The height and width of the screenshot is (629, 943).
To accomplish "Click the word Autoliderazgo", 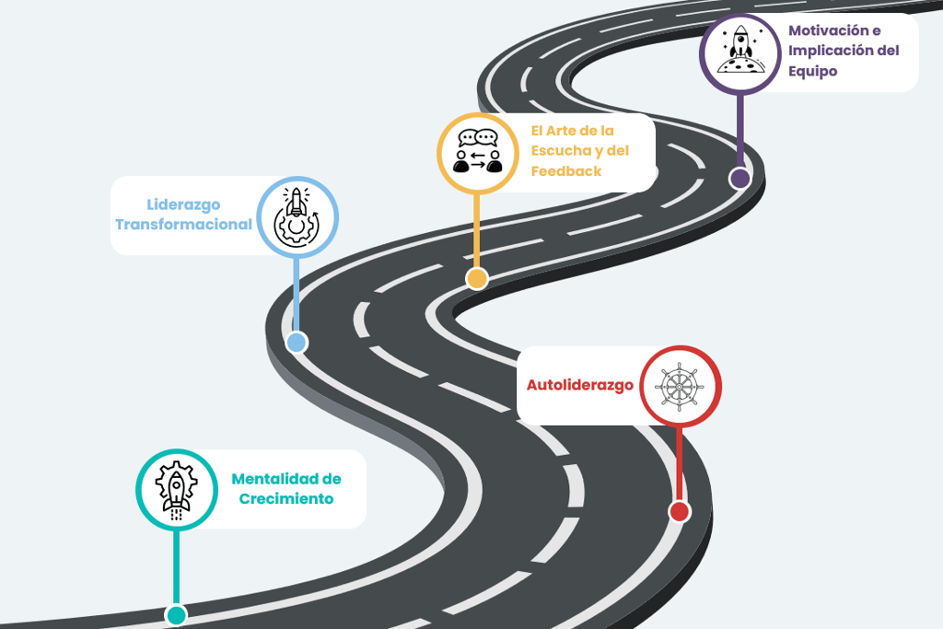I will coord(579,385).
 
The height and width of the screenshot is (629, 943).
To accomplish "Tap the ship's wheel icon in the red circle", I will coord(680,386).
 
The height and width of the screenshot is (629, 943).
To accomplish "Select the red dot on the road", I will coord(680,512).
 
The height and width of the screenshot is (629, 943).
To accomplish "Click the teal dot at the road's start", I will coord(176,615).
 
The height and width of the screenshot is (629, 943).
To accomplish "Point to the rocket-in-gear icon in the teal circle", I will coord(176,489).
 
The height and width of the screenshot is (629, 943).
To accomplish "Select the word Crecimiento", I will coord(285,499).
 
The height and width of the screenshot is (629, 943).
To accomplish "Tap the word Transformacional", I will coord(183,225).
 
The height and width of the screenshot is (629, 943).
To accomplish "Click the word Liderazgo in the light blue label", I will coord(183,204).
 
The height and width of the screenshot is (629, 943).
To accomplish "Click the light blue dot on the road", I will coord(296,343).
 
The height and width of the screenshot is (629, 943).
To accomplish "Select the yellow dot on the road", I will coord(476,279).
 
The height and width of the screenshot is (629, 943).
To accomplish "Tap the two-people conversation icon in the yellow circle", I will coord(477,153).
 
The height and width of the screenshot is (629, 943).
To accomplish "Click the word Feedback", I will coord(566,171).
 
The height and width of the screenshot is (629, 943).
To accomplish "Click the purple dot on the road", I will coord(739,179).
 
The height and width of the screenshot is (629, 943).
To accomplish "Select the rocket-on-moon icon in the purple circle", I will coord(739,52).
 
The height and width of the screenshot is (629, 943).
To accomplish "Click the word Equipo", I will coord(812,71).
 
